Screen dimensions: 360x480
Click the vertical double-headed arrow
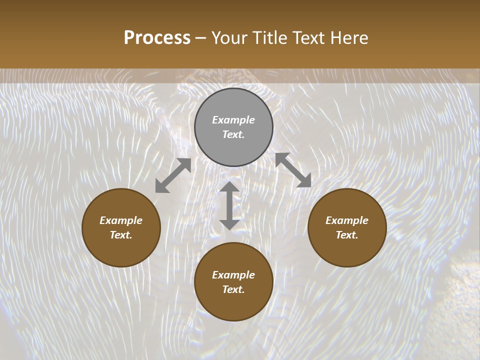tap(229, 205)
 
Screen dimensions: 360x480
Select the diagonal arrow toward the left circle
tap(173, 175)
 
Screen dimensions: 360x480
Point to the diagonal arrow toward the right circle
tap(293, 170)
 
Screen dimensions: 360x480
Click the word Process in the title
tap(157, 37)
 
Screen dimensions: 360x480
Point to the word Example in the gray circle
tap(233, 120)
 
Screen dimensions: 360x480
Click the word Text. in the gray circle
tap(233, 134)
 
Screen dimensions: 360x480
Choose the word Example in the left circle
tap(121, 220)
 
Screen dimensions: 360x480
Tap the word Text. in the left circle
tap(121, 235)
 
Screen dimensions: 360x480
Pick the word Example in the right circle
tap(347, 220)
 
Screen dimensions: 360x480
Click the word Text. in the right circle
tap(347, 235)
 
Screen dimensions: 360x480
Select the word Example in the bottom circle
tap(233, 275)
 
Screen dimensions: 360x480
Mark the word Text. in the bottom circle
tap(233, 289)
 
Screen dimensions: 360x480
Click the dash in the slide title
tap(201, 38)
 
